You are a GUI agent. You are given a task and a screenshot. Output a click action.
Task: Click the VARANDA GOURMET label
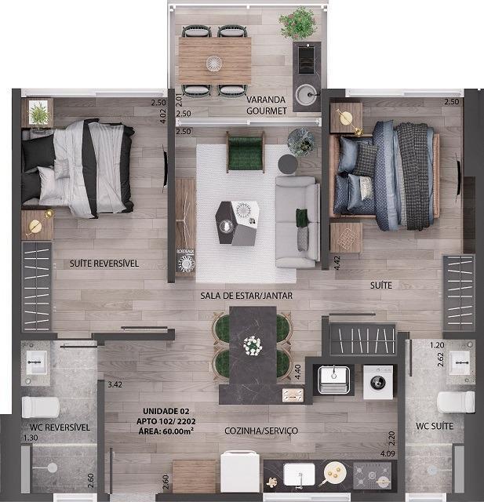coord(267,105)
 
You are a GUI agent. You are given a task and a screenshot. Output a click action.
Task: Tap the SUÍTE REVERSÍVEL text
coord(104,264)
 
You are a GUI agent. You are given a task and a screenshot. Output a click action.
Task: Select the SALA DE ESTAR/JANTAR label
coord(246,296)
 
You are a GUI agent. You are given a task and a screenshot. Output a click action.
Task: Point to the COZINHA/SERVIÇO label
coord(261,431)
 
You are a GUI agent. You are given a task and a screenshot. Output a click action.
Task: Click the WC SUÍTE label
coord(435,426)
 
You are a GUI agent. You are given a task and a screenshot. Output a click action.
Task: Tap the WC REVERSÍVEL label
coord(60,427)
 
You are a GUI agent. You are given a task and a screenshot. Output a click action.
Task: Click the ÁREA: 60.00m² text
coord(166,431)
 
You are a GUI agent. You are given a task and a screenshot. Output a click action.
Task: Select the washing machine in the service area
coord(378,382)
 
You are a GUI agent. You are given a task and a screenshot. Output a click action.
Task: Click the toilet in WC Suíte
coord(456,402)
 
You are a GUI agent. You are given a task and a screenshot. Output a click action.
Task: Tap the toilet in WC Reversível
coord(41,407)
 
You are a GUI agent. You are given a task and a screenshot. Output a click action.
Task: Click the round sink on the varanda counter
coord(307,94)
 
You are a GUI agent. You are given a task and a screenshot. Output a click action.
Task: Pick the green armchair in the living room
coord(246,152)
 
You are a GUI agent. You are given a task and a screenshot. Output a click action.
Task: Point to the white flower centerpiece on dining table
coord(253,346)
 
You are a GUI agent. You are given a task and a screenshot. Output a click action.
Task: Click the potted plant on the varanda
coord(298,23)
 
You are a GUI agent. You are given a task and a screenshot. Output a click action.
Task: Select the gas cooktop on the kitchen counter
coord(373,476)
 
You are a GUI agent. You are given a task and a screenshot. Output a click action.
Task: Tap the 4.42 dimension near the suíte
coord(337,263)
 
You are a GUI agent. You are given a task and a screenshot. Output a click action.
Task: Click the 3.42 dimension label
coord(115,384)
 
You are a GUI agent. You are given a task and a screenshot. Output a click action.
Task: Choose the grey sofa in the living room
coord(297,222)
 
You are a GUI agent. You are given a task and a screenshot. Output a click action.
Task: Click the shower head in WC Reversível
coord(53,467)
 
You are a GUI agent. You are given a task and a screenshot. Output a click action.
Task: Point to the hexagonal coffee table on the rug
coord(237,223)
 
